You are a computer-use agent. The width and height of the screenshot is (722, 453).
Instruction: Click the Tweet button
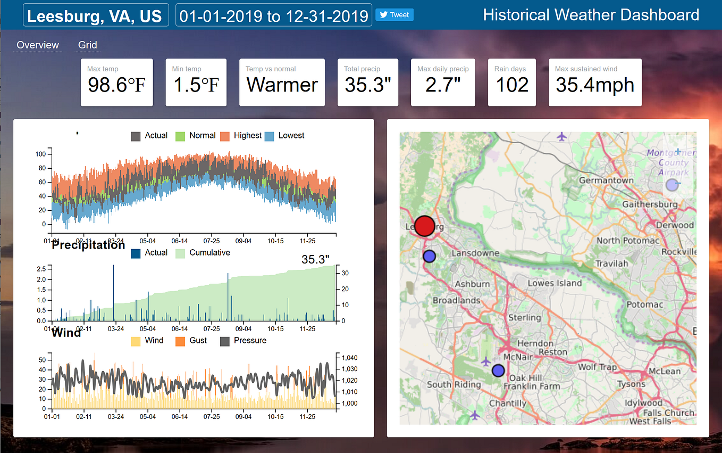click(394, 15)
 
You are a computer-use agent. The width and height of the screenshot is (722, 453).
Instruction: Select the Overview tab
click(38, 45)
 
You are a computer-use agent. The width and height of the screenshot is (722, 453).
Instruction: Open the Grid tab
click(88, 45)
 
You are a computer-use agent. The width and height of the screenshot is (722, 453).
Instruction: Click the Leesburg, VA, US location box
click(95, 15)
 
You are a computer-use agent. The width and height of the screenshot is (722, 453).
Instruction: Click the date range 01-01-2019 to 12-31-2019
click(273, 15)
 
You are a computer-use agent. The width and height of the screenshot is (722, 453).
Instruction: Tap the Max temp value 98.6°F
click(116, 85)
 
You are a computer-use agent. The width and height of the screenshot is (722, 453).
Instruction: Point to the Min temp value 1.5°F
click(196, 85)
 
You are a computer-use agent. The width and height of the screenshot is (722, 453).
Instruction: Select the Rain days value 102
click(512, 85)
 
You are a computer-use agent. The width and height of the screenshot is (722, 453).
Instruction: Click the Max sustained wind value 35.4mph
click(594, 85)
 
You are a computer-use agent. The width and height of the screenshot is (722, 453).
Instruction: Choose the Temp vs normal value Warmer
click(282, 85)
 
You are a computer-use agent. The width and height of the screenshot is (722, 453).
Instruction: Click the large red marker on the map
click(424, 226)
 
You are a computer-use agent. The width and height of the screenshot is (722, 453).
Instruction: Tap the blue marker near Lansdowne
click(429, 256)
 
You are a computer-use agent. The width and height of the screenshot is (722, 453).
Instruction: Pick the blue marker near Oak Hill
click(498, 370)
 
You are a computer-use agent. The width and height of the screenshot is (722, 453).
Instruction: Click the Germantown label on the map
click(606, 180)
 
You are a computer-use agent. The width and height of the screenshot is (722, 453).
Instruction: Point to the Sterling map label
click(525, 318)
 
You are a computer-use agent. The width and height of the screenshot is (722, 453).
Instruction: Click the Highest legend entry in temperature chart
click(241, 136)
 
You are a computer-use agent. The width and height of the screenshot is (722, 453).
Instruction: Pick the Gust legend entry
click(191, 341)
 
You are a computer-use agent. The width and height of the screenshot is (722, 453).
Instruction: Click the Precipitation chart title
click(88, 245)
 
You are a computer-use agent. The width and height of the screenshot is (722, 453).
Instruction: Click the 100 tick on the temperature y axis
click(40, 154)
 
